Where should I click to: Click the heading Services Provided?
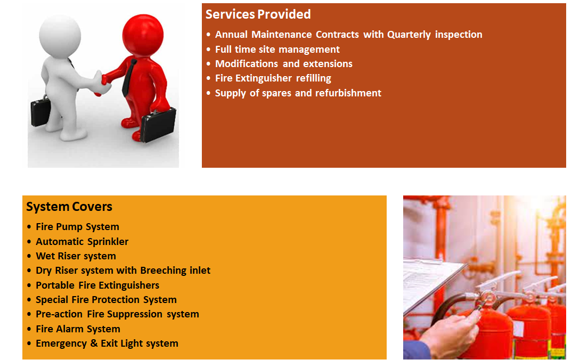pos(258,14)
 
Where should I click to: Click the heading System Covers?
pos(69,207)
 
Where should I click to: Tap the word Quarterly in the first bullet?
pos(409,35)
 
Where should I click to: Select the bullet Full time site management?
pos(277,50)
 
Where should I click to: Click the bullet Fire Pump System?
pos(77,227)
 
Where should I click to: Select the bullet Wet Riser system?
pos(76,256)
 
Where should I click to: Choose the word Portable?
pos(55,285)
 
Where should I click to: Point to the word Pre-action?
pos(59,314)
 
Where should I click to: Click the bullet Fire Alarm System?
pos(78,329)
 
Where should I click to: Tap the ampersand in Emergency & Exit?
pos(94,343)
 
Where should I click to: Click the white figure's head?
pos(60,36)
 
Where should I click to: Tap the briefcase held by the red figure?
pos(158,125)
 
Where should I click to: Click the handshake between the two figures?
pos(102,83)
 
